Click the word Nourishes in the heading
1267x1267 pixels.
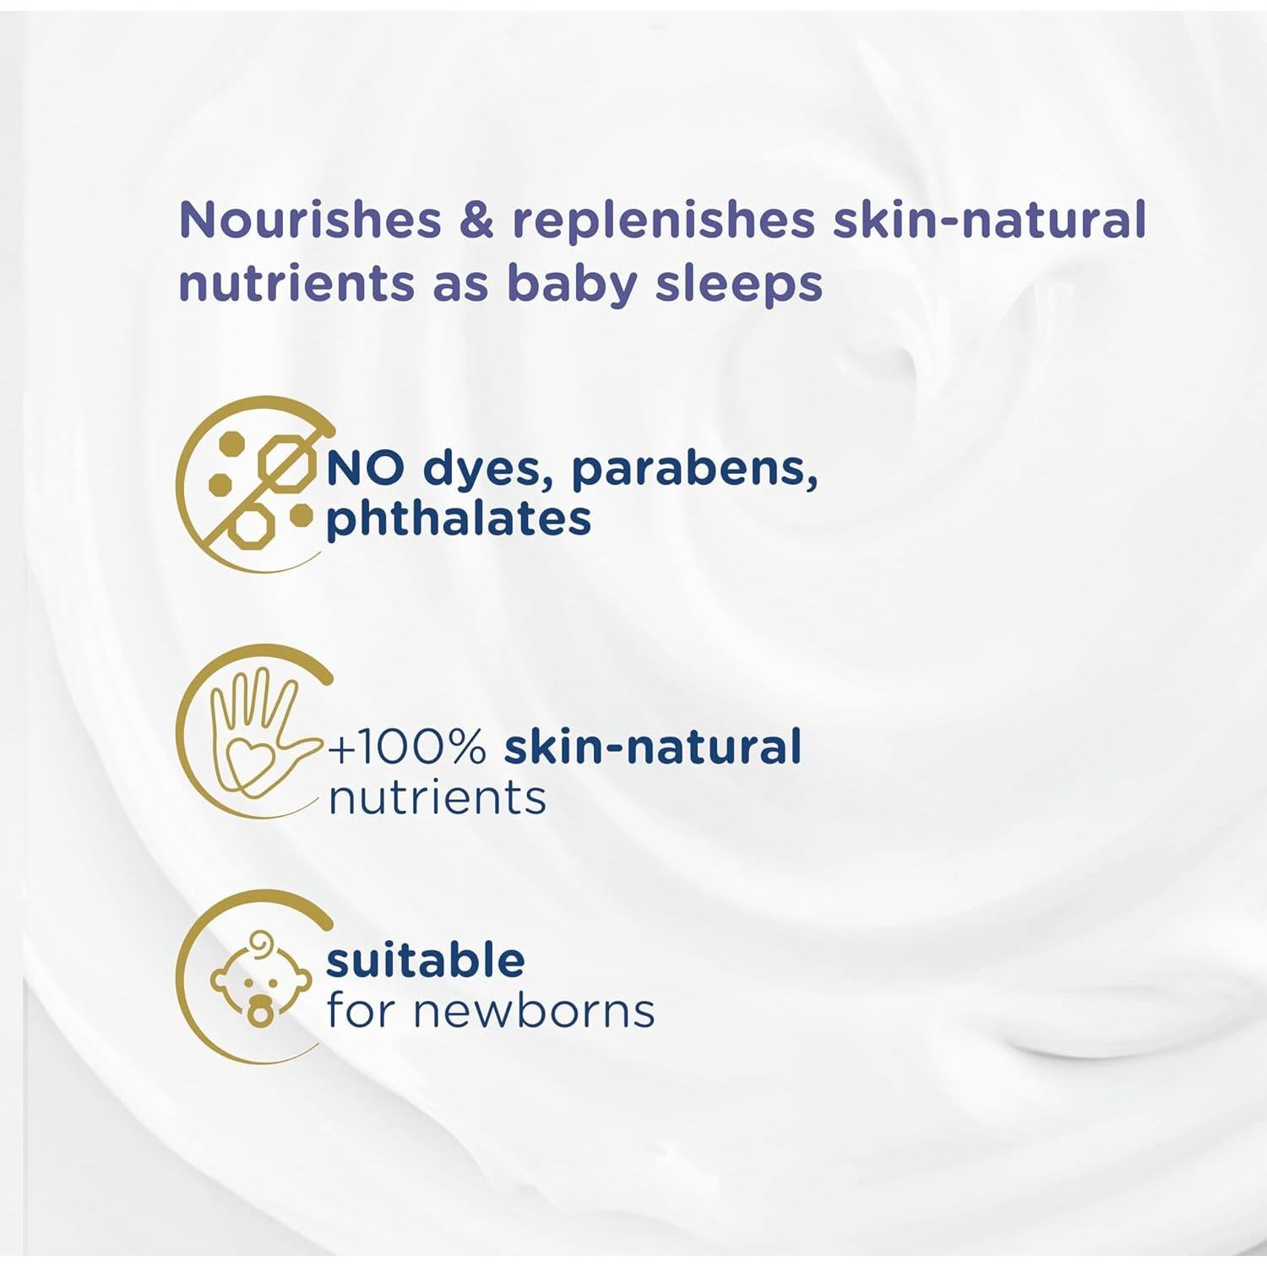click(310, 220)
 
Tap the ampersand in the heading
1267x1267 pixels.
click(476, 220)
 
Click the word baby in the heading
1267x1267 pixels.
click(572, 285)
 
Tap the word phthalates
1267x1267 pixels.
click(459, 519)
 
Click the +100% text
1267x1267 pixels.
click(407, 748)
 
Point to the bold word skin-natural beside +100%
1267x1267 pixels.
click(653, 747)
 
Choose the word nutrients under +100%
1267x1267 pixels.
click(438, 798)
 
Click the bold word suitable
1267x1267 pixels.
click(426, 960)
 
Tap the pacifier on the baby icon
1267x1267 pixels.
click(260, 1011)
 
